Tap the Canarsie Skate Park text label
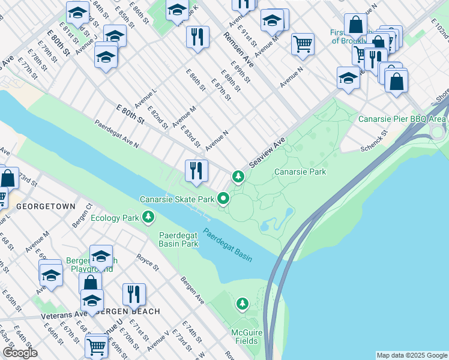click(177, 199)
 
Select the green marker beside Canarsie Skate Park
click(224, 198)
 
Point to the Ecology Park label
click(114, 218)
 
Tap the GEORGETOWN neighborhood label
click(46, 206)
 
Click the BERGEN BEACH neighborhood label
click(127, 311)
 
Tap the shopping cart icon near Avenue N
click(303, 43)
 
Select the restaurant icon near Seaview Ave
click(196, 171)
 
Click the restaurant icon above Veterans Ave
click(133, 295)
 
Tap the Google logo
click(20, 353)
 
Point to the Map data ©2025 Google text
click(411, 355)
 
